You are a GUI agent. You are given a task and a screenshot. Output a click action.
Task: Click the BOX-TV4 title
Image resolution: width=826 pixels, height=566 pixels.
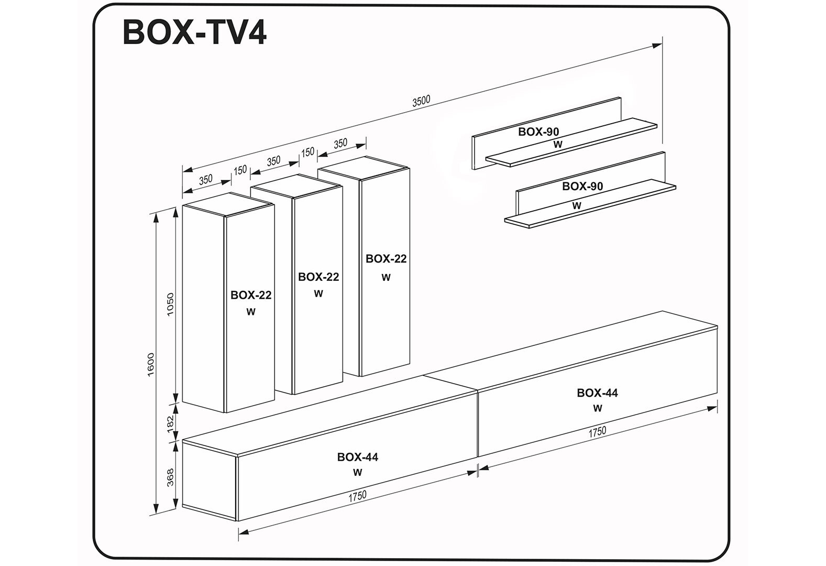coord(194,32)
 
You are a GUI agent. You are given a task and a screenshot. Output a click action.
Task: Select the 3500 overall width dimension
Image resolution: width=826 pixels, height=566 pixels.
coord(421,101)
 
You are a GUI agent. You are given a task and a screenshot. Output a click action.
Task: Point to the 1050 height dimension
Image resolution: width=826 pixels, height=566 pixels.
coord(170,304)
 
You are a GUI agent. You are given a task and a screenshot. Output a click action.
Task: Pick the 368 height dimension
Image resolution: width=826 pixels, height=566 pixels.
coord(170,477)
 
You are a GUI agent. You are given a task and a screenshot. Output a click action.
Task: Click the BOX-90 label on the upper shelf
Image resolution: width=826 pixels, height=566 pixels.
coord(538,132)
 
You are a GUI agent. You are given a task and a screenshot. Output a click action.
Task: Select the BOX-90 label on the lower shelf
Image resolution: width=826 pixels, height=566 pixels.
coord(582,186)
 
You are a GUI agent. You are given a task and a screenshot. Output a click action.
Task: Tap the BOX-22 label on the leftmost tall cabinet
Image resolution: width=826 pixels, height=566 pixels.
coord(251,295)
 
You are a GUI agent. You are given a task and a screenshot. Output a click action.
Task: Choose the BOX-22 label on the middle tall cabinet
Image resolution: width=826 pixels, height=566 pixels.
coord(318,277)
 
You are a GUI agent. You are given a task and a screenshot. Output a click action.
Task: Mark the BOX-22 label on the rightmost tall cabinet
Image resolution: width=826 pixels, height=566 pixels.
coord(386,259)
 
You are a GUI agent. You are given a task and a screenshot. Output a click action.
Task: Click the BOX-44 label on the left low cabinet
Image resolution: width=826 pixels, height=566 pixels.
coord(357,457)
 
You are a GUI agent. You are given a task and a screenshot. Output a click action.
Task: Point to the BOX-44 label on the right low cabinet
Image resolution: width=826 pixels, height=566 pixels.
coord(597,393)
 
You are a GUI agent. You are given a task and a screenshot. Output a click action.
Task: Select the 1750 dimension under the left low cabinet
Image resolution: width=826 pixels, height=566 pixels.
coord(357,496)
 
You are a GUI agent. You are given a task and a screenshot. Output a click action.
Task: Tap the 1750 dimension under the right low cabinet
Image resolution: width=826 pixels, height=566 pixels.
coord(597,431)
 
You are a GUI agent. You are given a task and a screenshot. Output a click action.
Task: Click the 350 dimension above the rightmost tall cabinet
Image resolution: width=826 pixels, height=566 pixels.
coord(340,143)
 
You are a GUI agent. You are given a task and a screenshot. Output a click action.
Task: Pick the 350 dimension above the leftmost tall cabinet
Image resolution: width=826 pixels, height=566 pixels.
coord(206,179)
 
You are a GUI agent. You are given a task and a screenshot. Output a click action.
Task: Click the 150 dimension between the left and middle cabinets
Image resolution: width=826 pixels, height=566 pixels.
coord(240,170)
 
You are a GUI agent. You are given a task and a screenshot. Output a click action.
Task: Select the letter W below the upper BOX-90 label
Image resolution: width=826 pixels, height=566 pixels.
coord(558,144)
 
